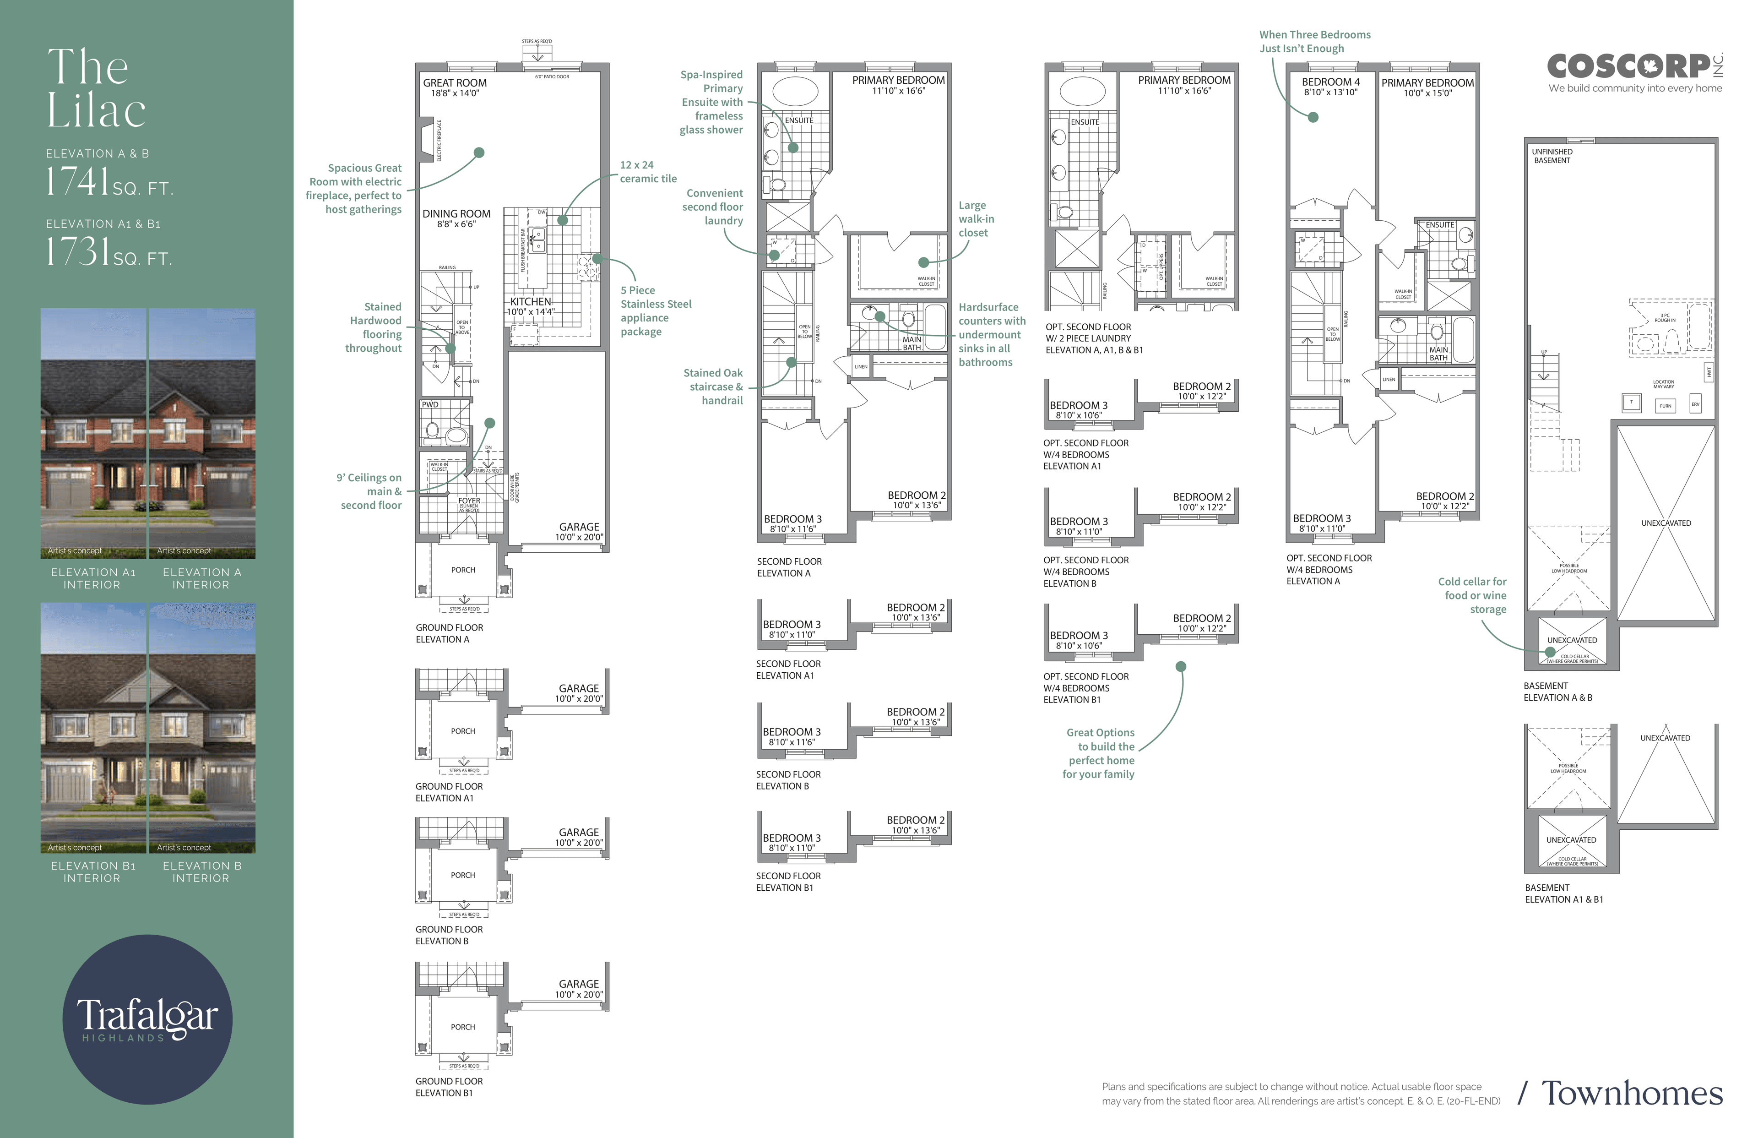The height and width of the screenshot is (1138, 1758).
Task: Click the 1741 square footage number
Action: point(77,181)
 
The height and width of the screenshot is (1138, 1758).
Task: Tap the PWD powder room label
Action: point(430,405)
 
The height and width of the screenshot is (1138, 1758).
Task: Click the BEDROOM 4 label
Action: point(1330,82)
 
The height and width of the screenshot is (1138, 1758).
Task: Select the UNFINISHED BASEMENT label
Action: point(1552,156)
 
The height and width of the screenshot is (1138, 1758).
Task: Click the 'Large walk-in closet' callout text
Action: point(976,219)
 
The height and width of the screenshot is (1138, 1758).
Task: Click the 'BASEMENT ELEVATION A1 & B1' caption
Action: point(1564,893)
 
